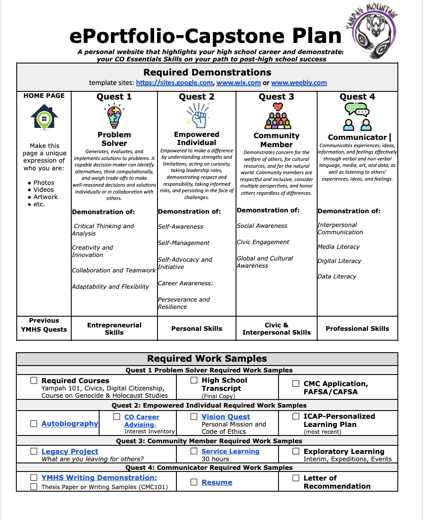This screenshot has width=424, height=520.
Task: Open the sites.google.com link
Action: tap(174, 83)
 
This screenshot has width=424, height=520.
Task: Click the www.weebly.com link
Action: tap(299, 83)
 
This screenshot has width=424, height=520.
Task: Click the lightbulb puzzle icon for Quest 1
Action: tap(114, 116)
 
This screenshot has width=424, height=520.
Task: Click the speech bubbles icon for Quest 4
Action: tap(357, 117)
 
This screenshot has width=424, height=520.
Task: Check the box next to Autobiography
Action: tap(33, 423)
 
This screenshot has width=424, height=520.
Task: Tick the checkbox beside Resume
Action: tap(194, 482)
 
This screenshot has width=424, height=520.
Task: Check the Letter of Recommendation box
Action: tap(296, 478)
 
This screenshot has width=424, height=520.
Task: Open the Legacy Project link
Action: tap(70, 451)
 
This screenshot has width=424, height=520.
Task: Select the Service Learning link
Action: tap(230, 451)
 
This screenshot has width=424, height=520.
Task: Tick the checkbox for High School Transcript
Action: tap(194, 380)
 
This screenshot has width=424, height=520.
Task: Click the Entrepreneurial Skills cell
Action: tap(114, 329)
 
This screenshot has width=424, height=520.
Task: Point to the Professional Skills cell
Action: tap(357, 329)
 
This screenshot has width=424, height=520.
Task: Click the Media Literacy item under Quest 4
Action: tap(339, 247)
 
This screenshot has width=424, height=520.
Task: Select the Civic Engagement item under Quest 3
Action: tap(263, 242)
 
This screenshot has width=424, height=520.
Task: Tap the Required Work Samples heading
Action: tap(207, 359)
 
